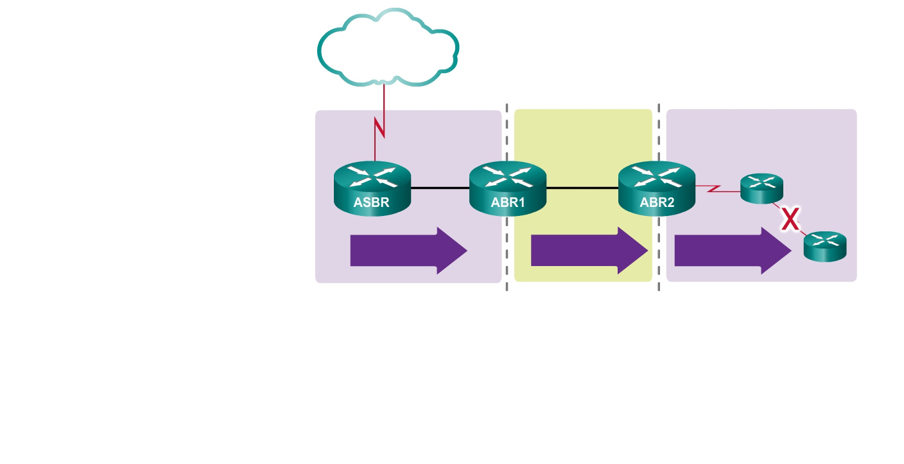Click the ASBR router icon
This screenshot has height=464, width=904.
point(372,188)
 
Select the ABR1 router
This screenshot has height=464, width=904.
point(508,188)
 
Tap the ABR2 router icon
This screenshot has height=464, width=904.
point(657,188)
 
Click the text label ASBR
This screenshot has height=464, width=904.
point(372,203)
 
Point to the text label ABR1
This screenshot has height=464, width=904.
point(508,203)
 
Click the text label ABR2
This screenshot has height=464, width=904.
point(657,203)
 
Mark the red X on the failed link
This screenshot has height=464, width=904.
point(790,220)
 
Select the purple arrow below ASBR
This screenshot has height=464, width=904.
point(408,251)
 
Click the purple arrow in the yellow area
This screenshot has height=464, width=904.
point(589,251)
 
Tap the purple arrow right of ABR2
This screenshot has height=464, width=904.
point(733,251)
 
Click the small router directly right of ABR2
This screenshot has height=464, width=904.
point(762,188)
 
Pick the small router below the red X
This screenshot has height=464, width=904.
point(825,247)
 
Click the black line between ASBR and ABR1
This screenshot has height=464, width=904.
point(440,188)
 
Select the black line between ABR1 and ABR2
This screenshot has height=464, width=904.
point(582,188)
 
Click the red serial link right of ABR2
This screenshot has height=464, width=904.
point(718,190)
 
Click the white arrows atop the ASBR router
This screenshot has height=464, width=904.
point(372,176)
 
